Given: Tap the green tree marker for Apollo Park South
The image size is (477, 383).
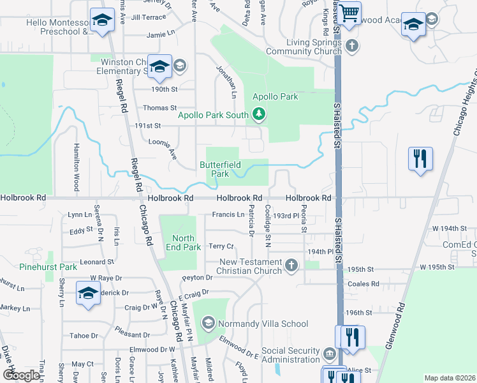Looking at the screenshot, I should click(x=259, y=115).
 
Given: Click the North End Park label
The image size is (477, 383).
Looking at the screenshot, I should click(x=184, y=243).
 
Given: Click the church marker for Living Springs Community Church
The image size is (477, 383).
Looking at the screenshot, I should click(x=353, y=46).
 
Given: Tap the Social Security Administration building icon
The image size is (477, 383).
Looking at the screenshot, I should click(x=329, y=354).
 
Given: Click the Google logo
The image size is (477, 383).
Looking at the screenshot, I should click(x=22, y=375).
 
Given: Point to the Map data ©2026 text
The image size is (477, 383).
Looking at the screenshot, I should click(x=449, y=378).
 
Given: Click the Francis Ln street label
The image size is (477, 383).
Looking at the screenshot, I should click(x=228, y=214).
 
